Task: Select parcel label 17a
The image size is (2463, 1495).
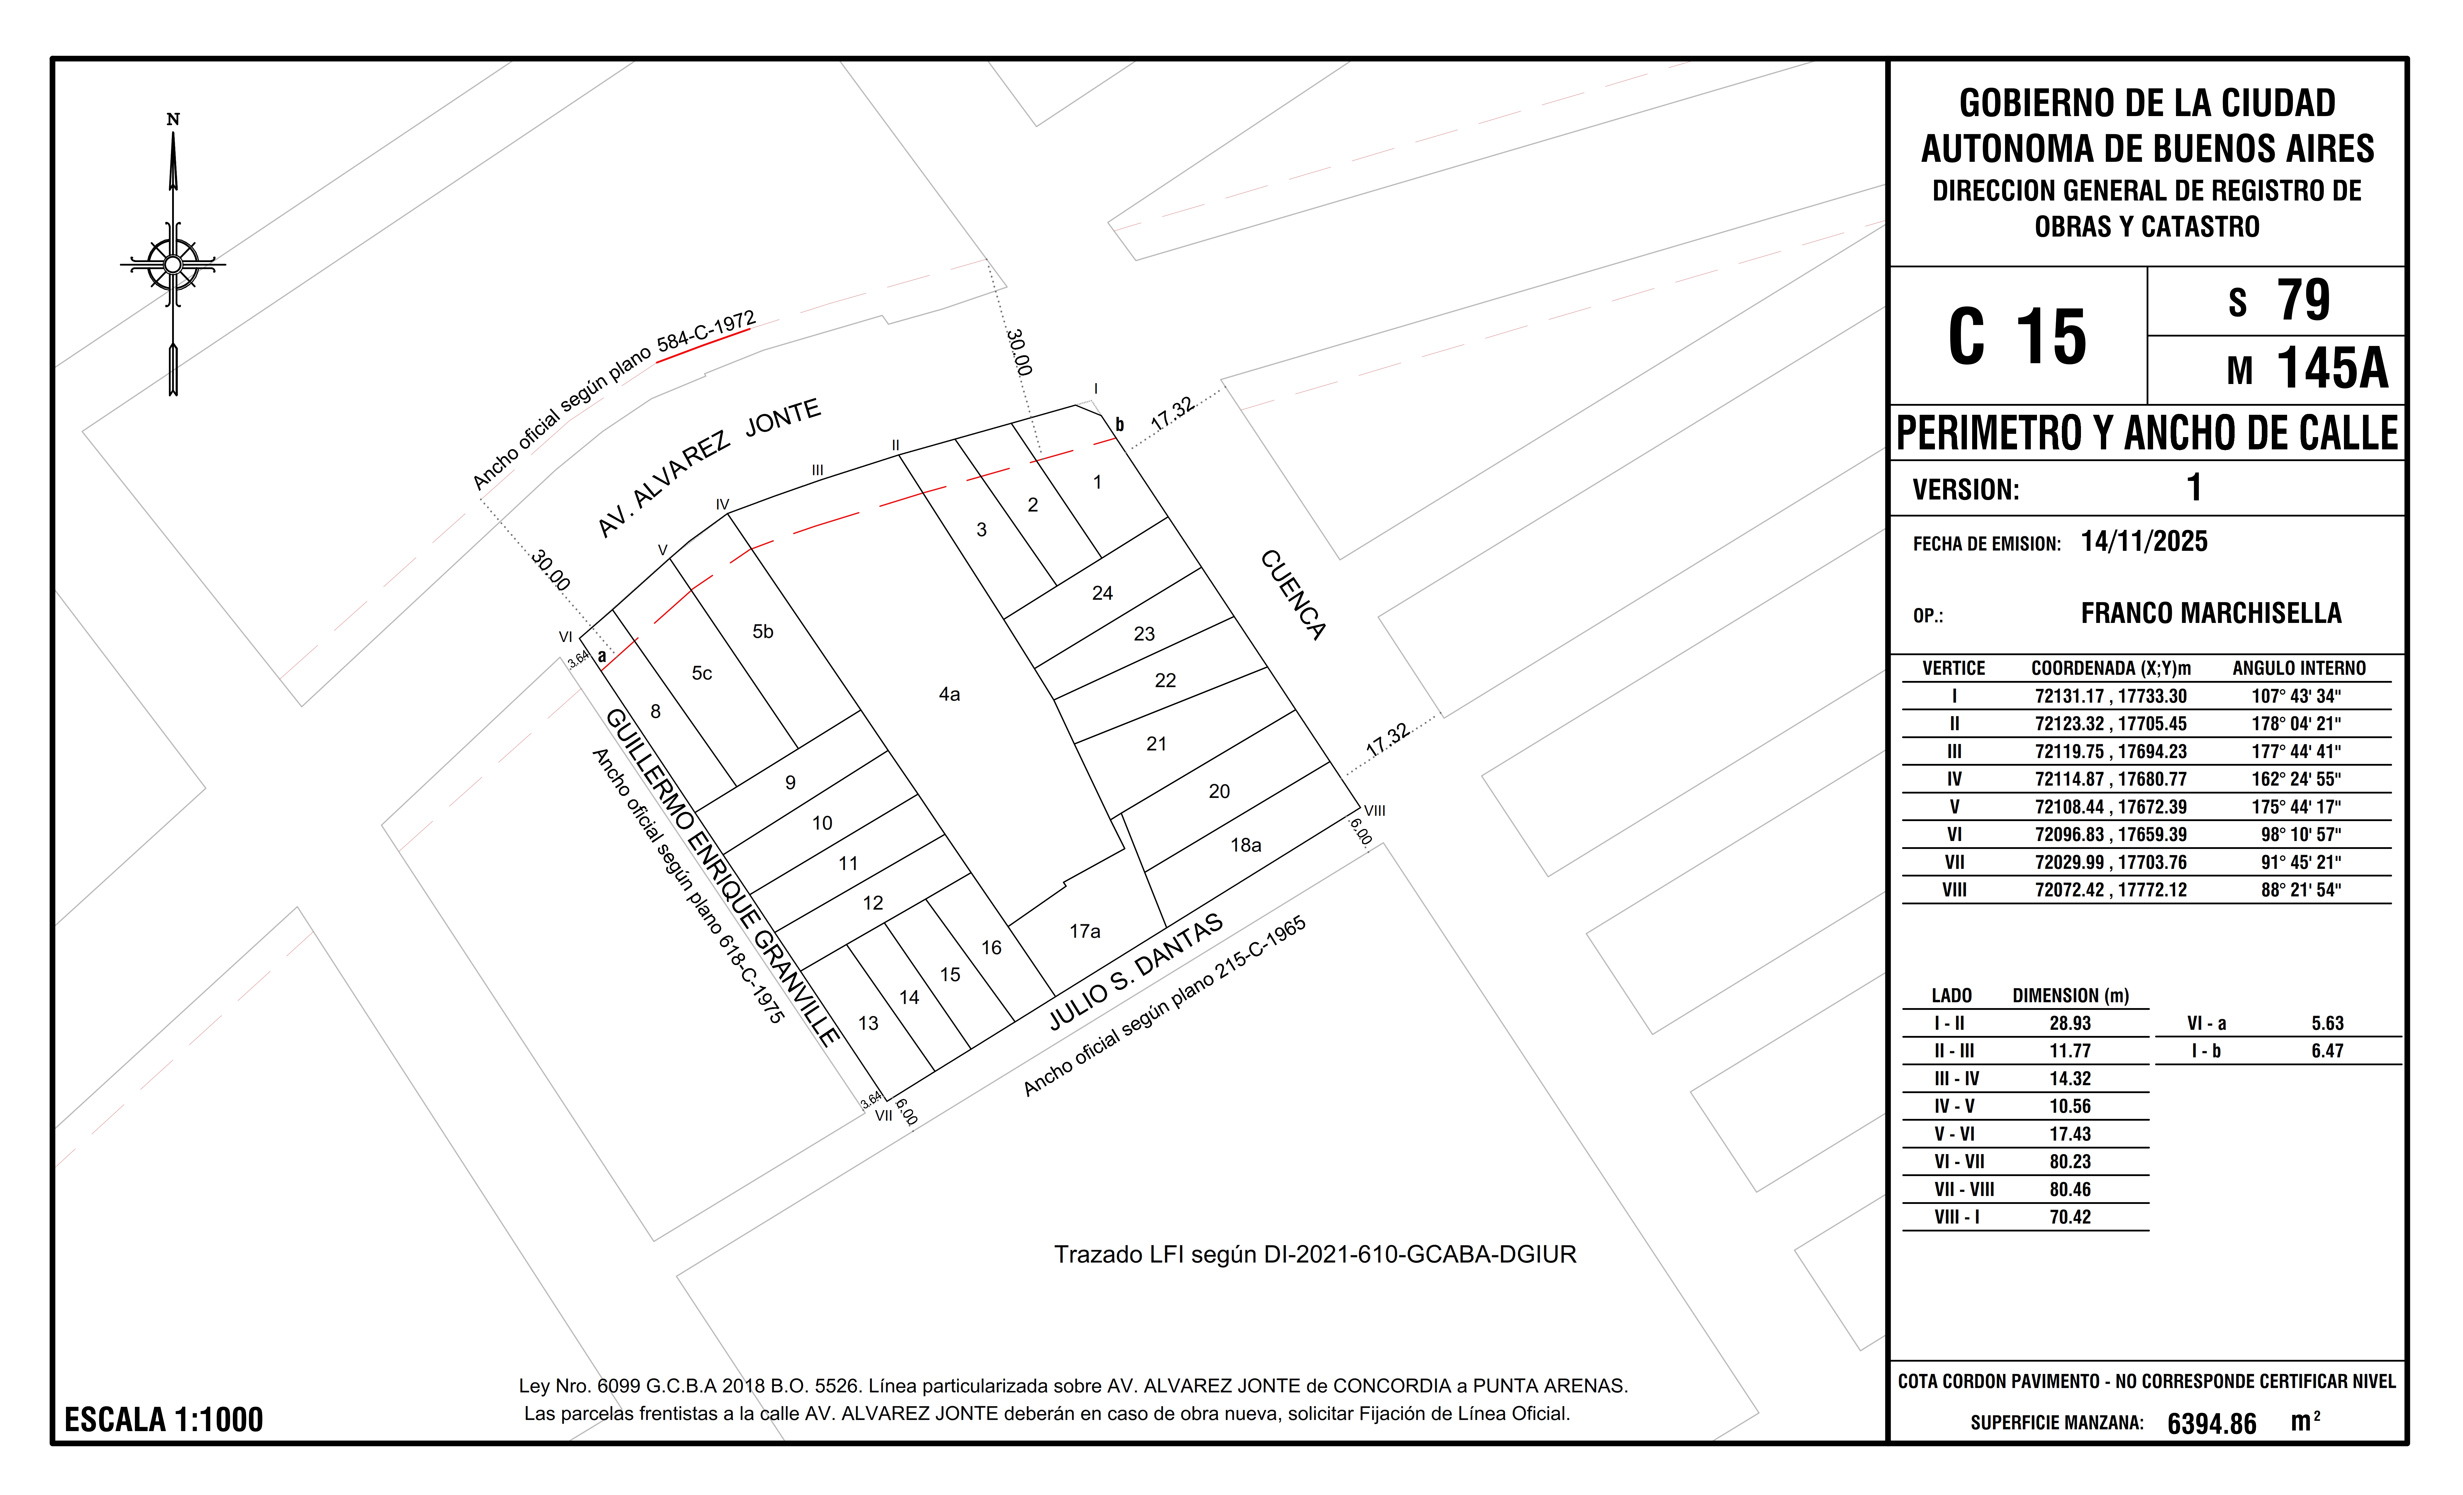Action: click(1085, 931)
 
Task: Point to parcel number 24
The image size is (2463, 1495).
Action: click(1102, 593)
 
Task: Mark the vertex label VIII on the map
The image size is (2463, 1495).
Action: click(1375, 811)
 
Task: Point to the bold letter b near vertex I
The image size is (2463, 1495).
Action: click(1119, 425)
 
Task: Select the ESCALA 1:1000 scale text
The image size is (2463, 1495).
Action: click(164, 1420)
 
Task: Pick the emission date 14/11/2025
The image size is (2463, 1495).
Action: click(2144, 542)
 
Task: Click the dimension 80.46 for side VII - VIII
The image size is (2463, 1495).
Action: click(2070, 1189)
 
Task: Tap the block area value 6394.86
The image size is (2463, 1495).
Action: click(2211, 1423)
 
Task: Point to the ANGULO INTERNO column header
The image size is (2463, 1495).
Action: click(2299, 667)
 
